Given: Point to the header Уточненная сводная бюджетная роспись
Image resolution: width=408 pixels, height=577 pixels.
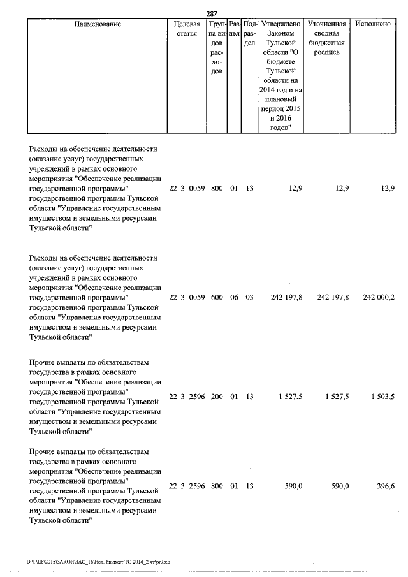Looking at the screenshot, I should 327,38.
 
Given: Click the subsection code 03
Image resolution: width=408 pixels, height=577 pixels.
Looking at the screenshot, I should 249,298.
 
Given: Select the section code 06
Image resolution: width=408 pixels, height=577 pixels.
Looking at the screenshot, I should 234,298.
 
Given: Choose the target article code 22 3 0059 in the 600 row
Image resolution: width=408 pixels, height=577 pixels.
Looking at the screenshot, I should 187,298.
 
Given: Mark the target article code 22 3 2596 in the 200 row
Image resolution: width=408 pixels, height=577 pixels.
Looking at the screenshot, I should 187,397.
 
